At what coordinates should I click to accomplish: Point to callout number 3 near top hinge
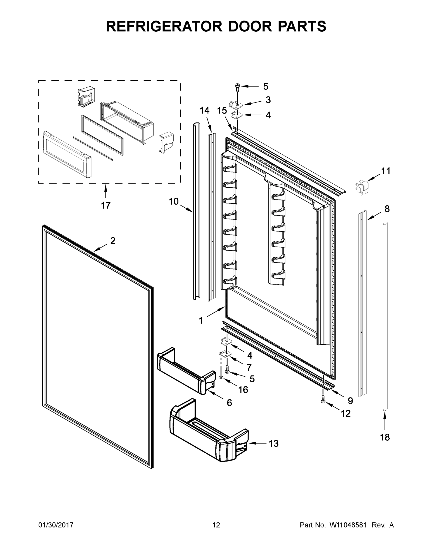(268, 100)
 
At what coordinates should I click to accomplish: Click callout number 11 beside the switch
(386, 171)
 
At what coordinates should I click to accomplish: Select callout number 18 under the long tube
(385, 437)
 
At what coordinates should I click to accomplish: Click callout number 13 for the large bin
(273, 443)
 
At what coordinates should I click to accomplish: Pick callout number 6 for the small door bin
(229, 403)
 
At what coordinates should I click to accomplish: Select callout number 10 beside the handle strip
(173, 202)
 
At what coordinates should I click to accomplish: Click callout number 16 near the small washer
(243, 390)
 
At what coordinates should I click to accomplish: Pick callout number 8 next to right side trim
(387, 209)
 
